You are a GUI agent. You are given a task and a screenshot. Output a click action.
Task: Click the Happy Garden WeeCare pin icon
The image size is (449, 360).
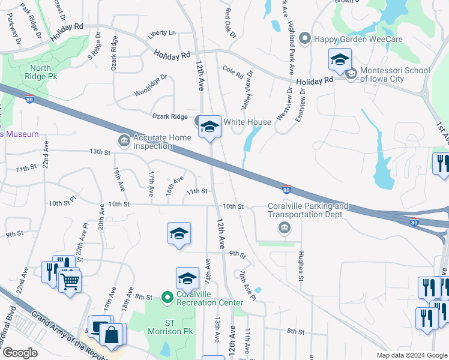[304, 39]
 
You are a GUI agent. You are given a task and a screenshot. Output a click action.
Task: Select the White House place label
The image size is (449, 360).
[247, 122]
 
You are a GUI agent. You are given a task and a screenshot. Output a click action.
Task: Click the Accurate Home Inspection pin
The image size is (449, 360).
[124, 141]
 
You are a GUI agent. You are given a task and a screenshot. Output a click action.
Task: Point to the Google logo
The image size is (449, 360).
[19, 352]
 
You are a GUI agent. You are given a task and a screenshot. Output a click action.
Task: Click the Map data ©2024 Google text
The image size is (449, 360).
[411, 355]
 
